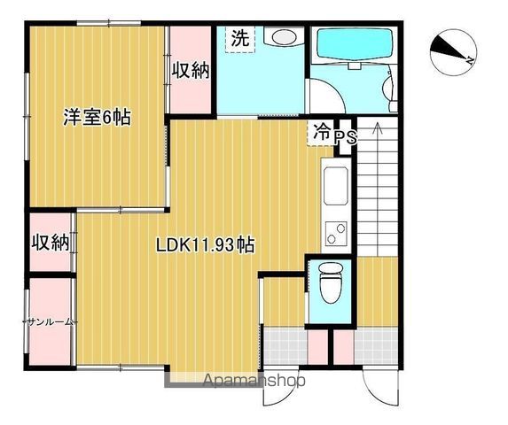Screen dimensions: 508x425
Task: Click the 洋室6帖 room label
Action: click(x=97, y=117)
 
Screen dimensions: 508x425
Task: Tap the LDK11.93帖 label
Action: click(x=205, y=245)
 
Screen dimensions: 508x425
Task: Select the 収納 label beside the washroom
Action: click(x=191, y=70)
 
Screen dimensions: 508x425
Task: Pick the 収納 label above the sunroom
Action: click(x=51, y=243)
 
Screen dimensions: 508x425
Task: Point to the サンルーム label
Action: click(x=50, y=321)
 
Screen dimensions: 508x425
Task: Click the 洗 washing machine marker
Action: click(x=240, y=38)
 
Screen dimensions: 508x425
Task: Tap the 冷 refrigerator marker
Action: click(x=322, y=132)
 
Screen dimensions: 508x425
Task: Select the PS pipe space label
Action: click(x=346, y=137)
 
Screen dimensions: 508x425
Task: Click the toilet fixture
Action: click(x=330, y=282)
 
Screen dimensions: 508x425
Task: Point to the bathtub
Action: click(x=355, y=44)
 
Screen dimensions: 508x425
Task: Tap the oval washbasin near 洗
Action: click(x=284, y=36)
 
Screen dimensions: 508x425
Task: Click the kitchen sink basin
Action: click(x=336, y=186)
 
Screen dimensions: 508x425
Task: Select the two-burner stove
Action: click(x=336, y=233)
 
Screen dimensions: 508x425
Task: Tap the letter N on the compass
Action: click(x=470, y=60)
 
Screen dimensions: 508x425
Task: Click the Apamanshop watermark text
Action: click(x=254, y=381)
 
